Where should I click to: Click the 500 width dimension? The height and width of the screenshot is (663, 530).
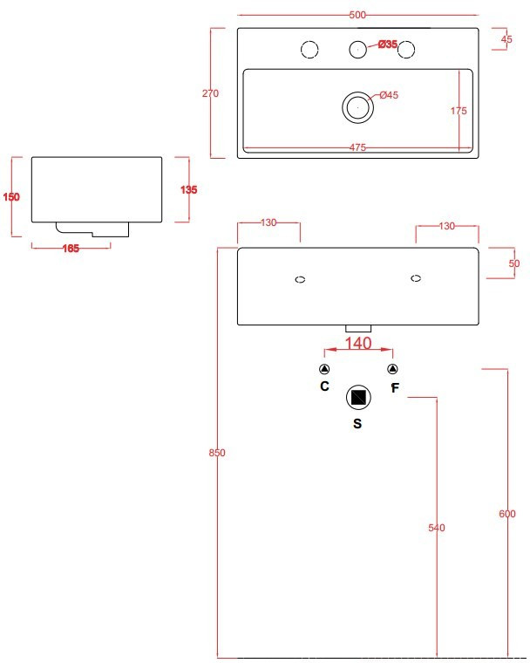click(357, 15)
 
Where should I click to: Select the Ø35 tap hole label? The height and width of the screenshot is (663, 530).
click(389, 44)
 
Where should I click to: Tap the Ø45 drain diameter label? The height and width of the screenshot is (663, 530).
click(389, 95)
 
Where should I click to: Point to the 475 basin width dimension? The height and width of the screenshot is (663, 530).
click(357, 147)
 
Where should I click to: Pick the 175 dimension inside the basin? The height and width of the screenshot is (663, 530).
click(459, 111)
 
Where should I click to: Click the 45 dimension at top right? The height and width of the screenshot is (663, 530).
click(506, 38)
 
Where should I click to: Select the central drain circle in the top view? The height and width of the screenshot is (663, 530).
click(357, 106)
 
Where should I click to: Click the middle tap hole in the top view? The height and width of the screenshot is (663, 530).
click(357, 50)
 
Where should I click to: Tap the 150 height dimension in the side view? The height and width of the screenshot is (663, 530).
click(11, 197)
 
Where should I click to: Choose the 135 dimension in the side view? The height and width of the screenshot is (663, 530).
click(188, 190)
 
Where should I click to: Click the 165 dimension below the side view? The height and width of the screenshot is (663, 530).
click(71, 249)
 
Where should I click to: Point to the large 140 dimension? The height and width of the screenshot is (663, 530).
click(358, 344)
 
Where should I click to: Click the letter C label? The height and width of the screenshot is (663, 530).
click(324, 385)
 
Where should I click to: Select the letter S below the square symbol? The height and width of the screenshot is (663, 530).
click(357, 424)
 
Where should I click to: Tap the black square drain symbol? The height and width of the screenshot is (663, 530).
click(357, 398)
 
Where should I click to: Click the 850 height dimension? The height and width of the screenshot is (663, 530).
click(217, 453)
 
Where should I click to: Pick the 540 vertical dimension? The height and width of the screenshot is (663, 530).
click(437, 528)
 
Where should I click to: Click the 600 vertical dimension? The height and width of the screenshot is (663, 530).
click(506, 514)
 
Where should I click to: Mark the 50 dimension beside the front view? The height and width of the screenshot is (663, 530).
click(513, 263)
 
